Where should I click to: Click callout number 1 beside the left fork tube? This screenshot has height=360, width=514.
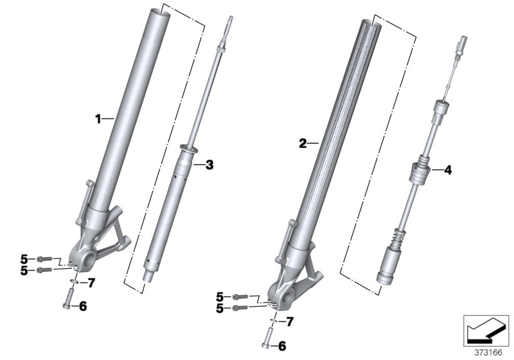tap(98, 118)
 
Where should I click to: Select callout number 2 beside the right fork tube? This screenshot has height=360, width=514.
tap(303, 143)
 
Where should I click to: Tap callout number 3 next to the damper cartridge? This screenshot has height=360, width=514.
tap(209, 165)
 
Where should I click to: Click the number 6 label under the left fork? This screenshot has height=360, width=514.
tap(82, 307)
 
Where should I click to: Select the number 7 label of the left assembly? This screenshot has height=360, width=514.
tap(91, 282)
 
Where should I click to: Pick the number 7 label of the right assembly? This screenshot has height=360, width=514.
tap(289, 321)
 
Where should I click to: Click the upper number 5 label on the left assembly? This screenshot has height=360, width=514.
tap(24, 258)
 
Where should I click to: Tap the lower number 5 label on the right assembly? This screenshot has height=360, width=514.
tap(220, 308)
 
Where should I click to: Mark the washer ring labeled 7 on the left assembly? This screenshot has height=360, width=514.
tap(74, 282)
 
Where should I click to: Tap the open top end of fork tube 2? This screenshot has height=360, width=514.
tap(373, 22)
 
